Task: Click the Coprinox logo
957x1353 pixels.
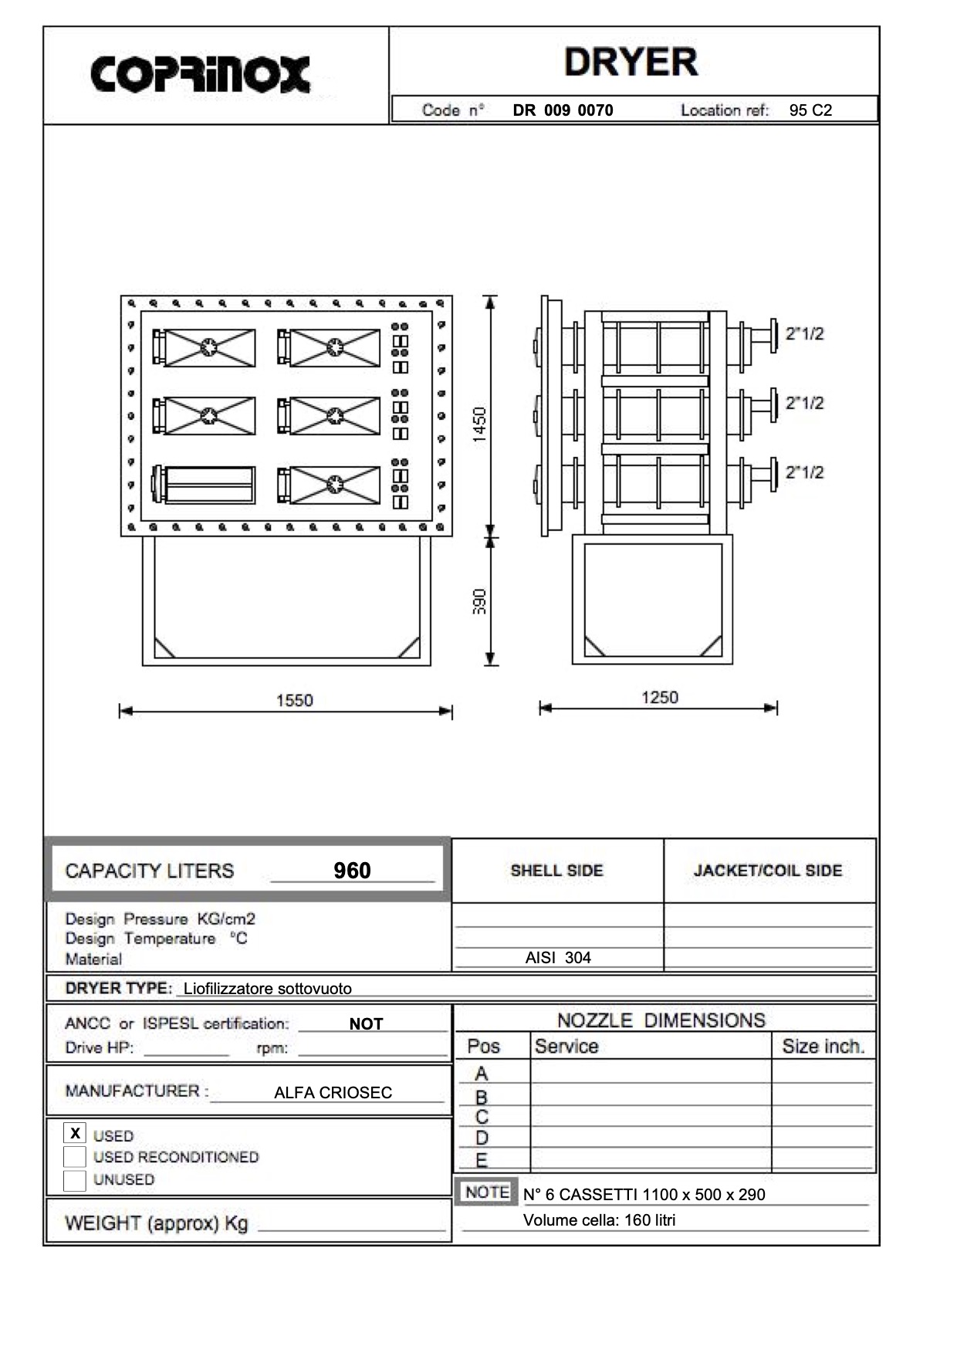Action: click(201, 75)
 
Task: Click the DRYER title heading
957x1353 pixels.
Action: click(631, 63)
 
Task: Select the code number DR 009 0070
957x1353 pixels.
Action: click(563, 110)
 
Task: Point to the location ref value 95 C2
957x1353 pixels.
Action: click(810, 110)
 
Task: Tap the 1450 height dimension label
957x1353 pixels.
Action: click(479, 425)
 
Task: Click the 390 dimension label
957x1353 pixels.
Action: click(479, 601)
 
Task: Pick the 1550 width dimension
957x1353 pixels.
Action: click(294, 701)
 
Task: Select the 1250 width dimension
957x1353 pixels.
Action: click(659, 698)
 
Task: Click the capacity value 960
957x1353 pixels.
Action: click(352, 871)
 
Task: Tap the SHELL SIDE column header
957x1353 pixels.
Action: click(556, 871)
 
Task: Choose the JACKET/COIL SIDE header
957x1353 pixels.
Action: click(767, 871)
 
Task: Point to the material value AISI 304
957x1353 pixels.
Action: click(558, 958)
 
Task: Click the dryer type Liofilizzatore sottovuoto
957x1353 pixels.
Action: click(267, 989)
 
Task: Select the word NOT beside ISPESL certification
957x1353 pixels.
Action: click(366, 1024)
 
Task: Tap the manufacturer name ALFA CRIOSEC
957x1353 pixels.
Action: click(333, 1093)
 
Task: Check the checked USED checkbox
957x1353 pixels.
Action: click(75, 1134)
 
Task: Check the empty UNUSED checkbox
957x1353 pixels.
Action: click(75, 1180)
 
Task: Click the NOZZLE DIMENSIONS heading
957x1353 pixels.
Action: click(661, 1020)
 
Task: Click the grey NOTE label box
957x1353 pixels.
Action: click(487, 1192)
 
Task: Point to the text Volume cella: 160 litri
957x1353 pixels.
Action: click(599, 1220)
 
